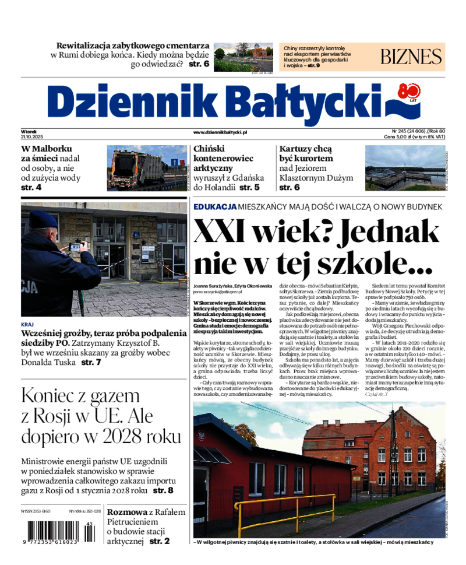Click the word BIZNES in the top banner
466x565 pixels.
click(411, 57)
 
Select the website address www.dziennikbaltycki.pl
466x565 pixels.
click(220, 132)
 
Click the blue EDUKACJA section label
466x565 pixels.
click(214, 206)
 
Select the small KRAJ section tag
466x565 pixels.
click(27, 324)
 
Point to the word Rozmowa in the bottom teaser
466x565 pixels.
click(126, 511)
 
